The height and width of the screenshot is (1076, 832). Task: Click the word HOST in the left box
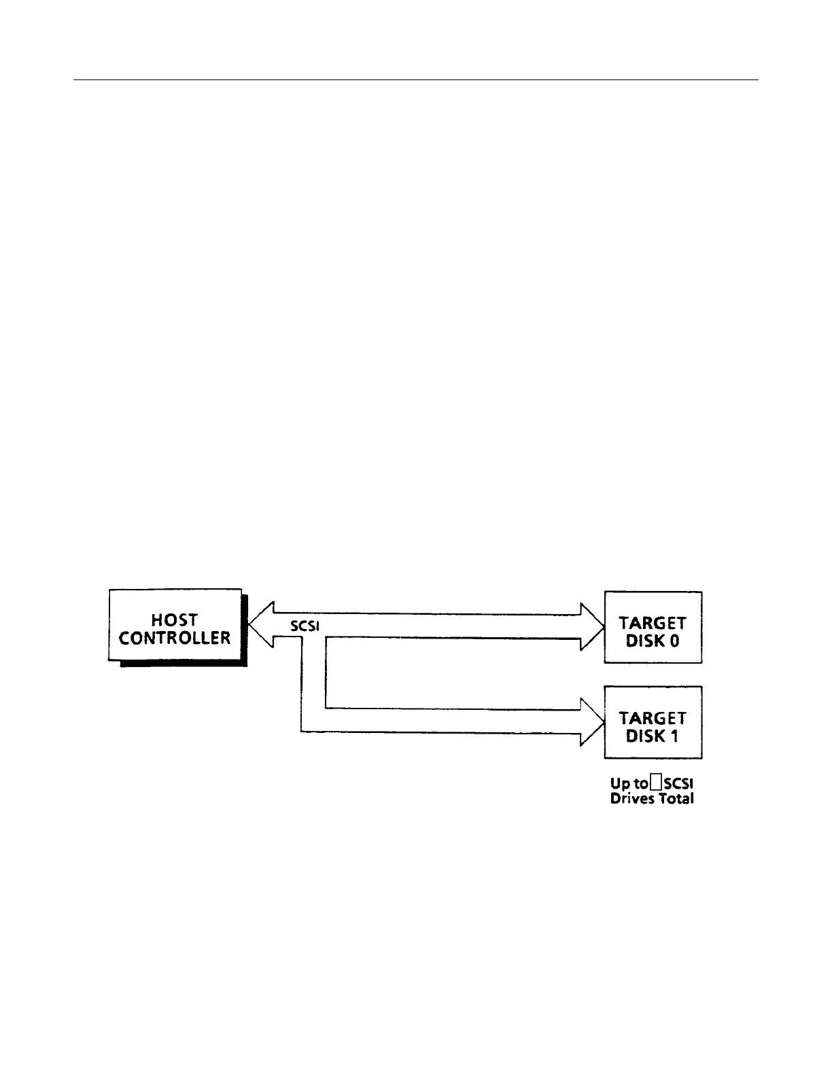click(x=175, y=620)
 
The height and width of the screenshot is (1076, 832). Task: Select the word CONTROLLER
click(x=175, y=639)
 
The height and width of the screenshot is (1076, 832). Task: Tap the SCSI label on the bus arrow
click(x=305, y=627)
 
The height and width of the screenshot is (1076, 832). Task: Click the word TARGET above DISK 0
click(x=653, y=623)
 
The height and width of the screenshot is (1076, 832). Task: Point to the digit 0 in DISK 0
click(x=674, y=641)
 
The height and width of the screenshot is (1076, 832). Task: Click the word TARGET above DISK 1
click(x=653, y=718)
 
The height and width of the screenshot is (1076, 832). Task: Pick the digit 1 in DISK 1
click(x=674, y=736)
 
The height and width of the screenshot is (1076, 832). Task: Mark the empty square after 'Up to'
click(x=655, y=784)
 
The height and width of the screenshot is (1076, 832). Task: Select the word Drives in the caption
click(x=631, y=799)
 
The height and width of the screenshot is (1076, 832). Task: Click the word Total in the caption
click(x=676, y=799)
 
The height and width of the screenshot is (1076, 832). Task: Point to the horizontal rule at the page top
click(x=415, y=80)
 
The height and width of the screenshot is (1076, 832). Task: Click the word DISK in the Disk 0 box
click(x=640, y=641)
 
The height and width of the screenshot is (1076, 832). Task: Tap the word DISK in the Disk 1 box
click(x=640, y=736)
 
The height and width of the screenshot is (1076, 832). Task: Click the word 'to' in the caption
click(x=640, y=785)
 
